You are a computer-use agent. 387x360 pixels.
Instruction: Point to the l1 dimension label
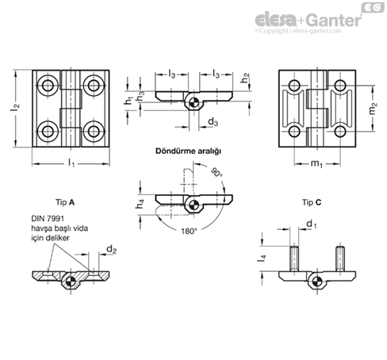coord(71,163)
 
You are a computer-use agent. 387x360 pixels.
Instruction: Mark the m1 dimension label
coord(315,163)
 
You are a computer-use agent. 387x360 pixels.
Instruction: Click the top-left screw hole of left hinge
coord(50,85)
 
